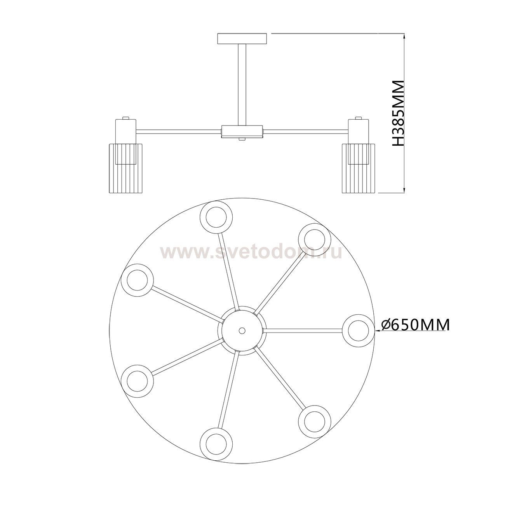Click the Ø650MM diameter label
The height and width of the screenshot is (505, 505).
[x=416, y=325]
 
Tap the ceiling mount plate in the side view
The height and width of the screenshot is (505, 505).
[x=242, y=38]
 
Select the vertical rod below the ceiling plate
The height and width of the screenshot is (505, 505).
[x=242, y=85]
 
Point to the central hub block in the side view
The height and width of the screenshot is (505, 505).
[x=242, y=131]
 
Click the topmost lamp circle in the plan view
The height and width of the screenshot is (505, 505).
[x=216, y=217]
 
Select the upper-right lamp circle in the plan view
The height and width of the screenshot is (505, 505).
[x=315, y=240]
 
